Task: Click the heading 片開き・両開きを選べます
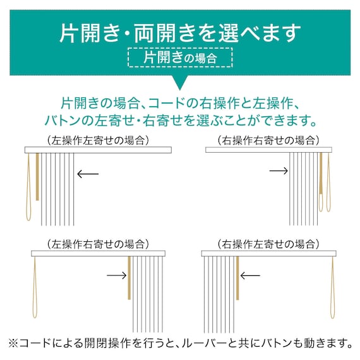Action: tap(180, 31)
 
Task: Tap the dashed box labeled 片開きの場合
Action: tap(180, 57)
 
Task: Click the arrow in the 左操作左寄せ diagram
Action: tap(88, 172)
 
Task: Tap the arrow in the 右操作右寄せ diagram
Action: tap(279, 171)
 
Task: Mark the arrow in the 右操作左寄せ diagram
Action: tap(251, 275)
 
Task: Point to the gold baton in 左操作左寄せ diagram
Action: tap(37, 177)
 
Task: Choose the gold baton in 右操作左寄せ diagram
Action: tap(238, 278)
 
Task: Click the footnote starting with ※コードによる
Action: tap(180, 343)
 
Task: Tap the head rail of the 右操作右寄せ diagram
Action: tap(268, 150)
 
